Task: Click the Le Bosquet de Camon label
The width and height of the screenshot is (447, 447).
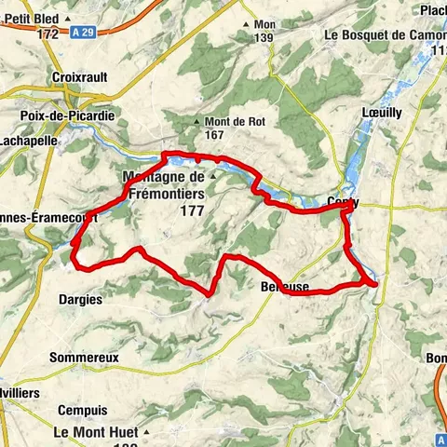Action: [384, 34]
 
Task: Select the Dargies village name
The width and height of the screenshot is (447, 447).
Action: [81, 299]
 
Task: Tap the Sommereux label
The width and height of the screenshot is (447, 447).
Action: [84, 357]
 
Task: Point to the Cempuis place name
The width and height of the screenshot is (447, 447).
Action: [82, 410]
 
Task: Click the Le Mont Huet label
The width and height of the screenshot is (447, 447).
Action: [95, 432]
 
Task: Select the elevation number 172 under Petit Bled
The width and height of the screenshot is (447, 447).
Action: [48, 34]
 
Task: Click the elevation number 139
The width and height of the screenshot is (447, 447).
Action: [264, 37]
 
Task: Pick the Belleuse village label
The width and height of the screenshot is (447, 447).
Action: [285, 287]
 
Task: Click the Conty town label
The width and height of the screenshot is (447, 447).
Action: [344, 202]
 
